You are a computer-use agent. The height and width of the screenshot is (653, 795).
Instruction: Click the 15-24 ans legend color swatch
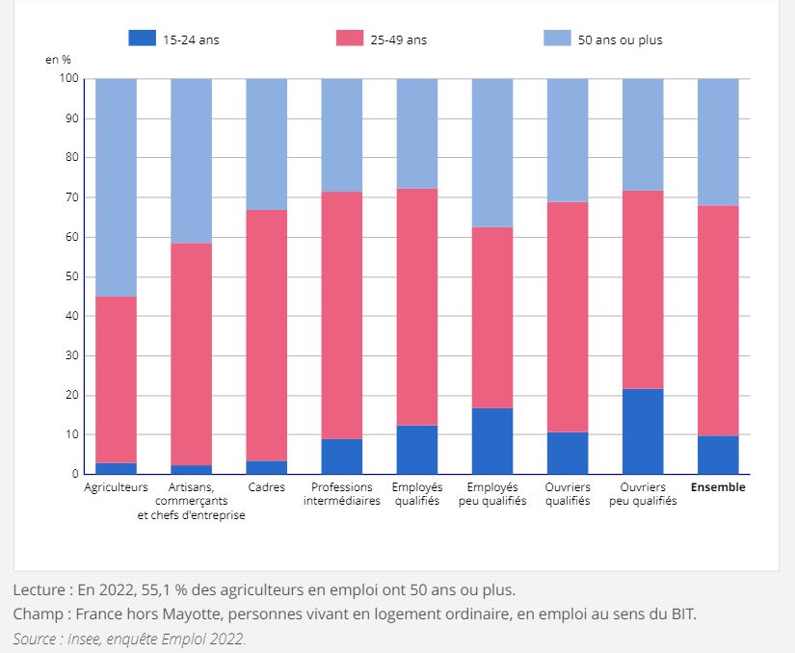pyautogui.click(x=142, y=39)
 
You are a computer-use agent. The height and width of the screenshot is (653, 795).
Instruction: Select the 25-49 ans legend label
pyautogui.click(x=398, y=39)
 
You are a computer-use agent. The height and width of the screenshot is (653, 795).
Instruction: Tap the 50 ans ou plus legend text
pyautogui.click(x=620, y=39)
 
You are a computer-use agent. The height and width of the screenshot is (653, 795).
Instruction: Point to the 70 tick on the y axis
pyautogui.click(x=72, y=197)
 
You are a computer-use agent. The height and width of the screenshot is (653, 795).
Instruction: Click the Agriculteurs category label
pyautogui.click(x=116, y=487)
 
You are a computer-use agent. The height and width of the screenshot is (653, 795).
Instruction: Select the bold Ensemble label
pyautogui.click(x=718, y=487)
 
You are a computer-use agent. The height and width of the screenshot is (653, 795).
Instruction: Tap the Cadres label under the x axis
pyautogui.click(x=266, y=487)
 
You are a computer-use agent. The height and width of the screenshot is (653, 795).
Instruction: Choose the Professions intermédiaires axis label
pyautogui.click(x=341, y=494)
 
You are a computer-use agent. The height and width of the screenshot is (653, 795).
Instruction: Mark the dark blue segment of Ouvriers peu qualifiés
pyautogui.click(x=643, y=431)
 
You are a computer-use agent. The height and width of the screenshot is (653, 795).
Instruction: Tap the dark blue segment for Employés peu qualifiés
pyautogui.click(x=492, y=441)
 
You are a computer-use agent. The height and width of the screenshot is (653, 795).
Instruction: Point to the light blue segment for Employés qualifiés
pyautogui.click(x=417, y=133)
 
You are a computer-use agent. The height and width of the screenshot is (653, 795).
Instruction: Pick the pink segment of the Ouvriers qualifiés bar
pyautogui.click(x=568, y=317)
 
